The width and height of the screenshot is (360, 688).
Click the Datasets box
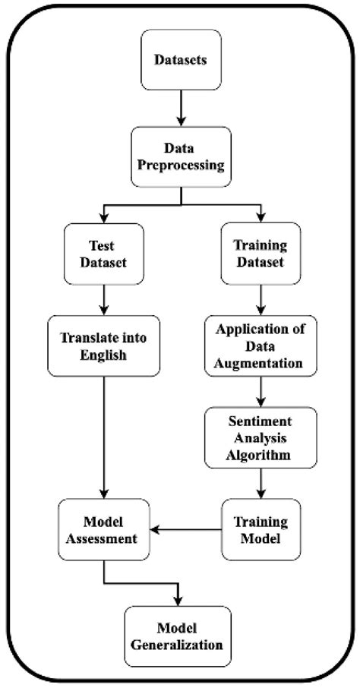pos(181,59)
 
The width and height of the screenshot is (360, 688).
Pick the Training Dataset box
pos(261,254)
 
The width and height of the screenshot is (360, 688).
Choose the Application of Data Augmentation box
pos(261,346)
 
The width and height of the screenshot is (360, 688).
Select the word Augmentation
pos(261,364)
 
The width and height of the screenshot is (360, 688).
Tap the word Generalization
pos(181,645)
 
